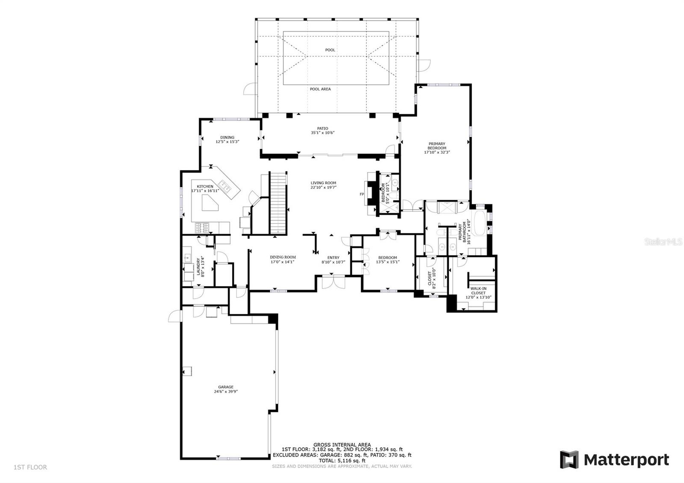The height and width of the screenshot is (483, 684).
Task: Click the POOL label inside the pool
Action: point(330,50)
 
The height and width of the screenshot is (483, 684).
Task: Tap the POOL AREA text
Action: point(320,89)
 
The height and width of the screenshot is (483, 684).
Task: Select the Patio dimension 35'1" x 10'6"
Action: point(322,133)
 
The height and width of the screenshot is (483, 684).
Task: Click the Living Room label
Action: point(323,183)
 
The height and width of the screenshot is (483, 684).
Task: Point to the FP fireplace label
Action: point(362,194)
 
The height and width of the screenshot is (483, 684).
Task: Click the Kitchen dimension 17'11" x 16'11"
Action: point(205,191)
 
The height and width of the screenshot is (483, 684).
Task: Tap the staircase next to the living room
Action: point(278,203)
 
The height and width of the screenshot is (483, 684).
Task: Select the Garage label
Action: point(226,387)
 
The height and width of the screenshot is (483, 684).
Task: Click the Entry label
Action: point(333,257)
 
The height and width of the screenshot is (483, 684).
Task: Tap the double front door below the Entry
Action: point(333,283)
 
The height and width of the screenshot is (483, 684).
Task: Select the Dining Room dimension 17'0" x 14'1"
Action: point(283,262)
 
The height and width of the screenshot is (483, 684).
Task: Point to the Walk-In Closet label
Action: point(478,291)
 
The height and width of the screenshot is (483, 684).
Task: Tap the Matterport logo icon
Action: point(569,459)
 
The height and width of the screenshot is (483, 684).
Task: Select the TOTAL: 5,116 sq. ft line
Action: point(342,461)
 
